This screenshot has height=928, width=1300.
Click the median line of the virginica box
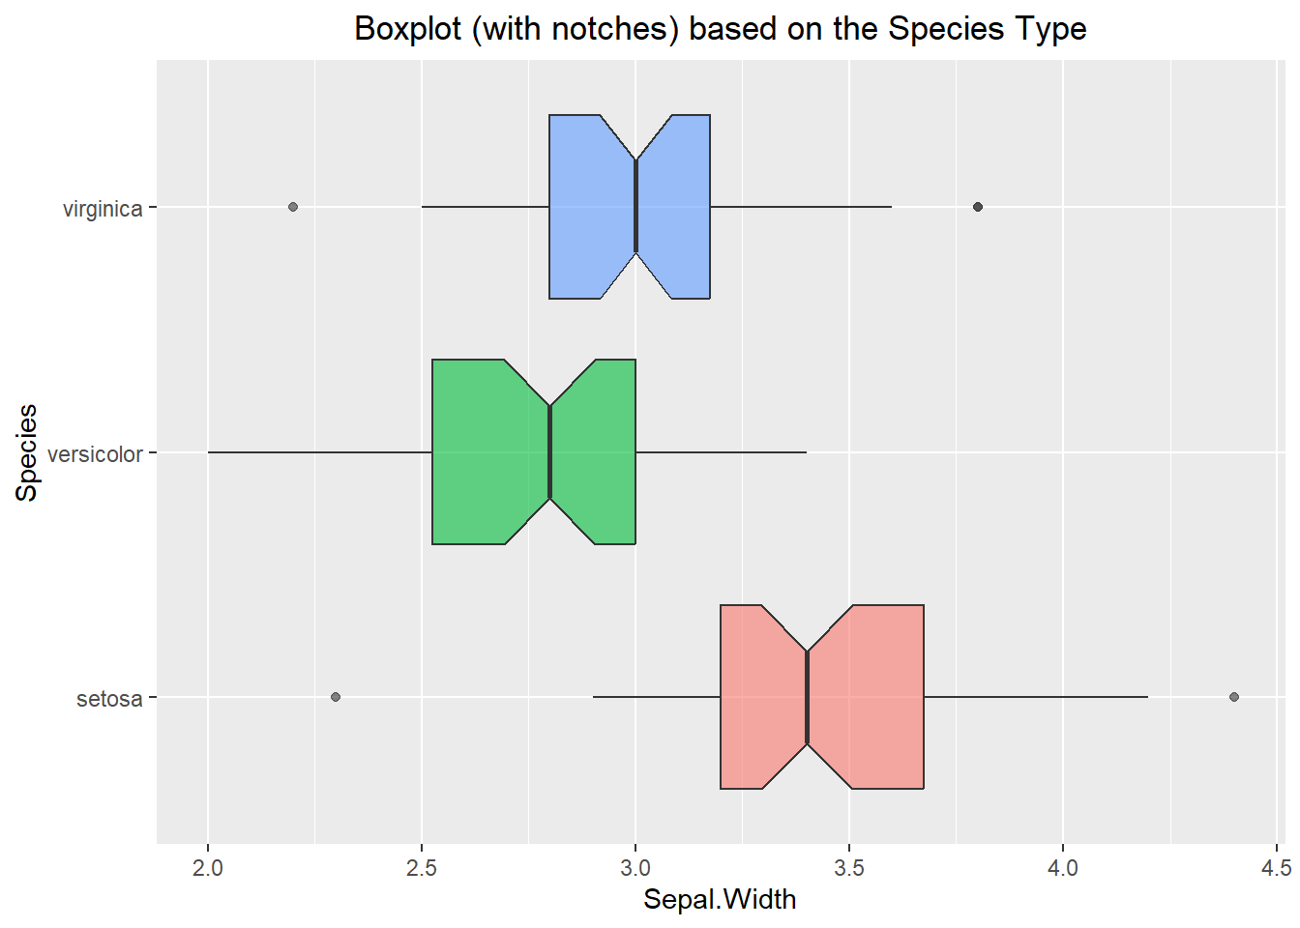tap(635, 207)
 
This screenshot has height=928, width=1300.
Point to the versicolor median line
tap(549, 451)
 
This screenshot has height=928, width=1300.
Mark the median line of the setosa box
tap(807, 697)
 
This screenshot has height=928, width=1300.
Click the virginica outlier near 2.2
tap(293, 207)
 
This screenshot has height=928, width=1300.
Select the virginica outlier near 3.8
tap(977, 207)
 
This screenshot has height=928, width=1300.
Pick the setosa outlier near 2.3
tap(336, 697)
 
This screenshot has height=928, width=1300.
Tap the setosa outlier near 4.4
tap(1233, 697)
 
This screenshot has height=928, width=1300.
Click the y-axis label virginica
tap(103, 209)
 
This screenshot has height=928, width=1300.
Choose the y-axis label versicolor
tap(95, 454)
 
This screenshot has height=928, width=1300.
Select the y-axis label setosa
tap(109, 699)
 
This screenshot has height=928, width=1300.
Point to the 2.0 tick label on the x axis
tap(208, 867)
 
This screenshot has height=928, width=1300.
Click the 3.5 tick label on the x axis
tap(849, 867)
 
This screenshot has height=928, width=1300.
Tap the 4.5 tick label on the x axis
tap(1276, 867)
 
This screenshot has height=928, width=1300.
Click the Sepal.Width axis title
tap(720, 900)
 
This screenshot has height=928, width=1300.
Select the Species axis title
tap(27, 452)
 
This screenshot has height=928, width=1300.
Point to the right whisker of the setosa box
tap(1035, 697)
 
